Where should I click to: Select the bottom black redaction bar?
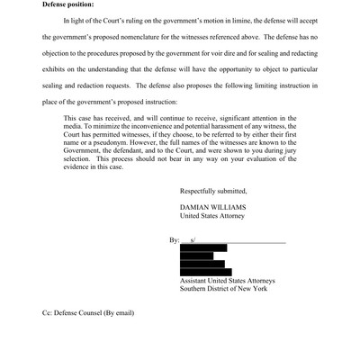tap(205, 272)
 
